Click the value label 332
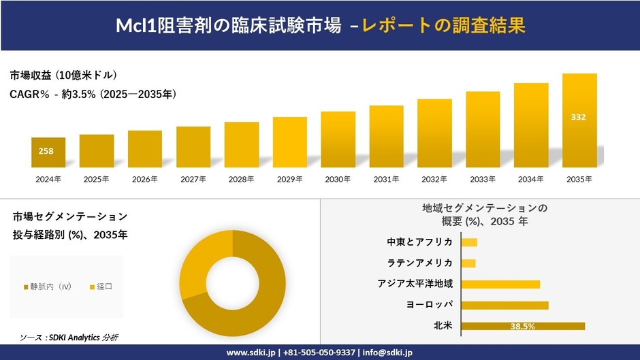tap(578, 117)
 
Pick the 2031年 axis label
tap(386, 180)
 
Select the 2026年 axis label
tap(144, 180)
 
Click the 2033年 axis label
tap(482, 180)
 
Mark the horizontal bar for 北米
tap(522, 326)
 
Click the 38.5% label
tap(522, 327)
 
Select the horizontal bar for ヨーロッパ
tap(504, 305)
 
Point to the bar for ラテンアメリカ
tap(468, 263)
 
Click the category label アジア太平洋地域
tap(415, 284)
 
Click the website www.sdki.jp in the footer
tap(251, 353)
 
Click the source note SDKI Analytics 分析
tap(79, 338)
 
